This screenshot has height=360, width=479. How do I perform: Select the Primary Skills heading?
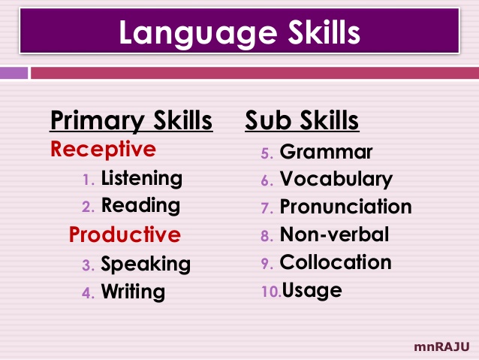pos(131,120)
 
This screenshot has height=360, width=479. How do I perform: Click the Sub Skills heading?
pos(302,120)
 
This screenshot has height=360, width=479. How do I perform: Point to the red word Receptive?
pos(103,149)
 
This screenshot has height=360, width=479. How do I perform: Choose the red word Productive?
pos(125,234)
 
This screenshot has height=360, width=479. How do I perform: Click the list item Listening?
pos(141,179)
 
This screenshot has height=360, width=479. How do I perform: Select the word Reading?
pos(140,206)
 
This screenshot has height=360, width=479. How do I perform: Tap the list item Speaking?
pos(146,265)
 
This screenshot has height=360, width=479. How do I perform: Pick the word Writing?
pos(133,292)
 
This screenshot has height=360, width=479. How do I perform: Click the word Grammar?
pos(326,153)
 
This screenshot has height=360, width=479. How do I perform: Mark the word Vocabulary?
pos(336,180)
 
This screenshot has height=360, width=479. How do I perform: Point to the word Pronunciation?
pos(345,207)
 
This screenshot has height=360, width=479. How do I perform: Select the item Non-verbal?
pos(334,234)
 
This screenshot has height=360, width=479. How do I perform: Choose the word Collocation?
pos(336,262)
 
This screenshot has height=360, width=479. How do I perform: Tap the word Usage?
pos(311,290)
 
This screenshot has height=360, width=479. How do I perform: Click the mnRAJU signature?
pos(441,346)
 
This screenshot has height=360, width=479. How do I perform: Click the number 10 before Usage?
pos(270,291)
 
